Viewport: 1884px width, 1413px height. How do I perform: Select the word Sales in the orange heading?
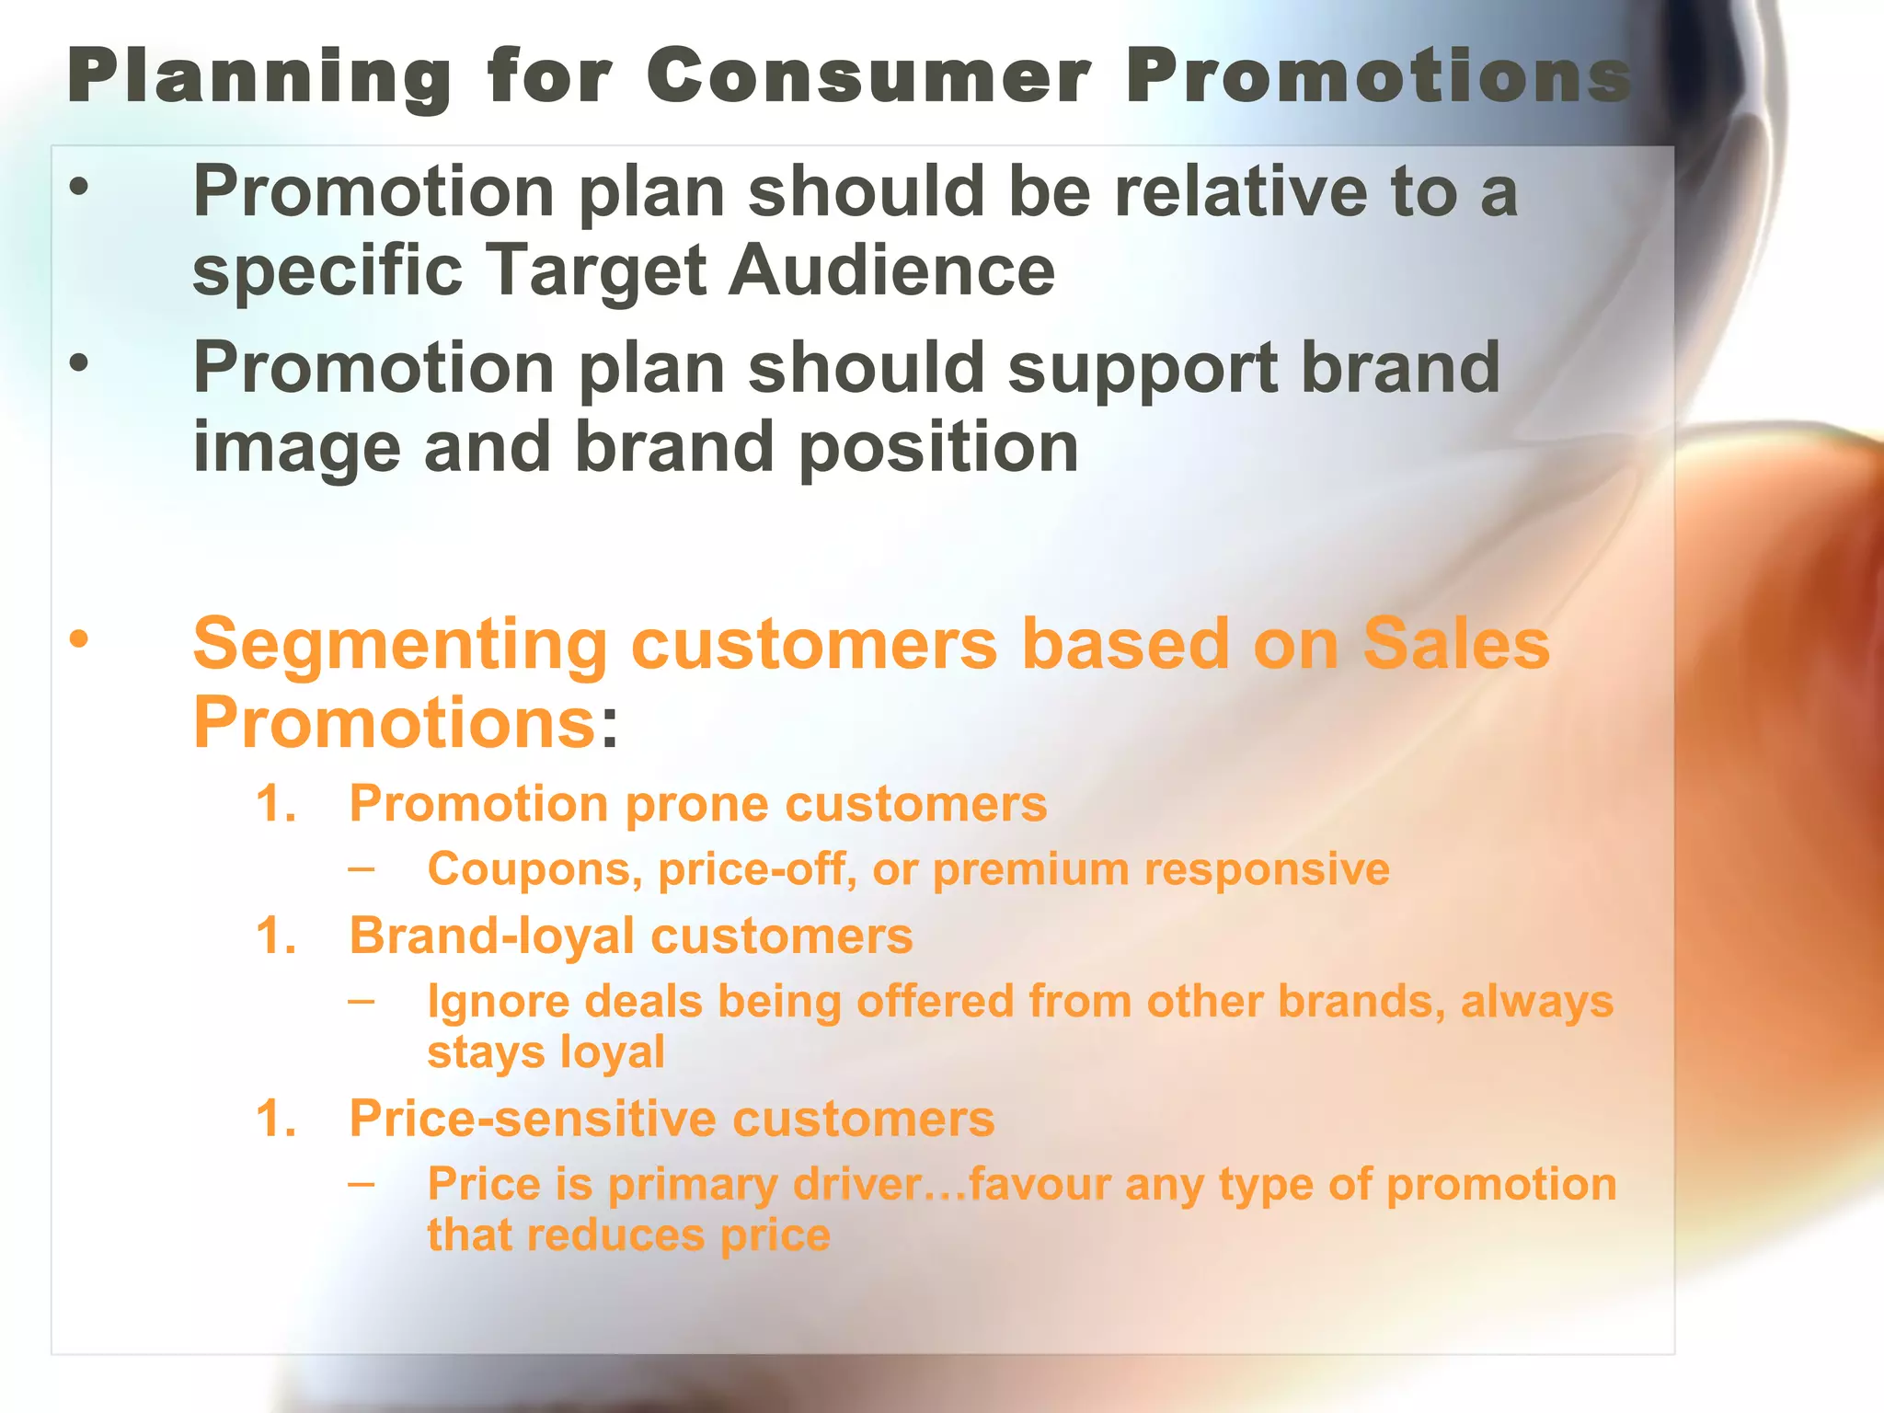[x=1455, y=644]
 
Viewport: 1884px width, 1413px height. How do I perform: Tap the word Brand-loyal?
[x=491, y=936]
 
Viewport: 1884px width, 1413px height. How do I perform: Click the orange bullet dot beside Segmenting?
[x=80, y=638]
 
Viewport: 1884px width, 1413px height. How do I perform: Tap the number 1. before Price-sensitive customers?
[x=275, y=1120]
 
